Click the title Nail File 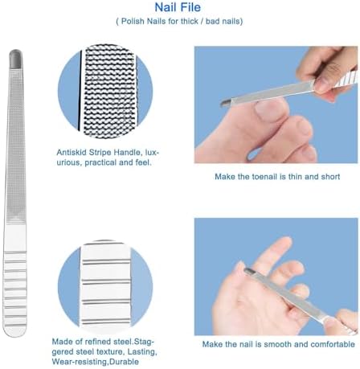tap(179, 7)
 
